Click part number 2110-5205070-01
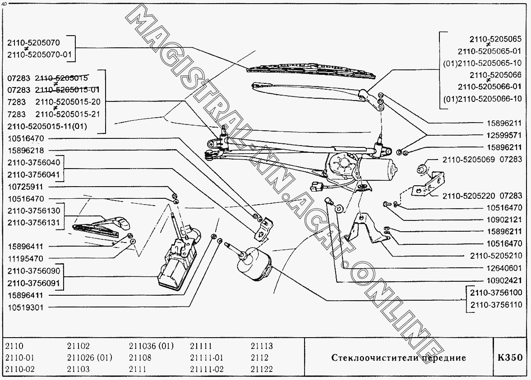coord(40,55)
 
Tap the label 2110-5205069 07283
coord(482,159)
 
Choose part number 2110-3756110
coord(496,305)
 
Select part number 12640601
coord(502,267)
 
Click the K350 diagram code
coord(510,358)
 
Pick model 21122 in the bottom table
coord(262,369)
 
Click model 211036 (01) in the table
coord(151,346)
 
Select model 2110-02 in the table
coord(20,369)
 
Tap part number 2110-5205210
coord(496,256)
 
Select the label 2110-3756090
coord(33,271)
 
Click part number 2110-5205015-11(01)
coord(53,127)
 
